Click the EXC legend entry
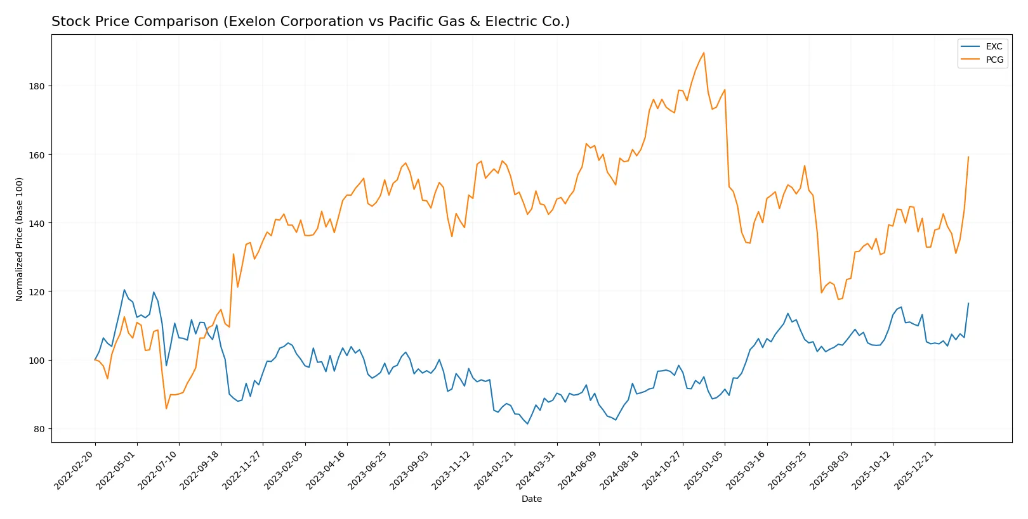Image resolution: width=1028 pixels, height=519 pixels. coord(993,46)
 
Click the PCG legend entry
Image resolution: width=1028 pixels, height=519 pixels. coord(994,60)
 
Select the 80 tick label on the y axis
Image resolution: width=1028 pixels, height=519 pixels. coord(39,429)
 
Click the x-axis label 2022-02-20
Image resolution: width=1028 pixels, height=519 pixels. coord(75,470)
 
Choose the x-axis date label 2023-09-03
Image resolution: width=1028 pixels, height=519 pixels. coord(411,470)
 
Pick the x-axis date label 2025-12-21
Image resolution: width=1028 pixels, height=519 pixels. coord(914,470)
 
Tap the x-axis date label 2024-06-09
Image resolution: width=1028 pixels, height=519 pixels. coord(578,470)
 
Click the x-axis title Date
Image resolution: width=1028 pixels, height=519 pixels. coord(531,499)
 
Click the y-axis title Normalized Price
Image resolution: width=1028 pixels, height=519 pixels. coord(20,239)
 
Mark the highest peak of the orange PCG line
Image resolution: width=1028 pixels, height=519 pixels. coord(704,53)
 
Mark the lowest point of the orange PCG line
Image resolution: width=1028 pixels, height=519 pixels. coord(166,408)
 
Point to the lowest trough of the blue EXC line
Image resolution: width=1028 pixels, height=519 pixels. coord(527,424)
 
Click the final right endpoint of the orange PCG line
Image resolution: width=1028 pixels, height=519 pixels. coord(968,157)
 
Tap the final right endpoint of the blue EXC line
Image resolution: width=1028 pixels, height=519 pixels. coord(968,303)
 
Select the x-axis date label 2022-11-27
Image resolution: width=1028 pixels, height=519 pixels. coord(242,470)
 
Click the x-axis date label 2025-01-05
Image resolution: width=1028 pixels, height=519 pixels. coord(704,470)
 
